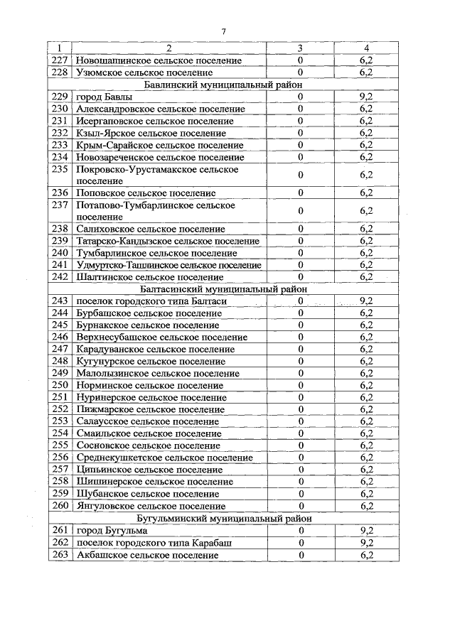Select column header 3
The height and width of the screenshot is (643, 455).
[300, 48]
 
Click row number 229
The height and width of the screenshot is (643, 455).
[60, 97]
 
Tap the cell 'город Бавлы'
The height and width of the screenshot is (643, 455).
[104, 97]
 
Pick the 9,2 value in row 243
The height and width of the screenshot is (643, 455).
[367, 301]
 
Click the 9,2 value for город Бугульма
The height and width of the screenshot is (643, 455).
[367, 531]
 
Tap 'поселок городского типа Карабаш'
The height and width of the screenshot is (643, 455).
[154, 543]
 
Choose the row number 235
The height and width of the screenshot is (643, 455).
[60, 169]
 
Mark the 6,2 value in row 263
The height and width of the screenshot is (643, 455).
[367, 555]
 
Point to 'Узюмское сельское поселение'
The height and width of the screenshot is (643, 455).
[144, 72]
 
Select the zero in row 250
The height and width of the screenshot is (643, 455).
[300, 386]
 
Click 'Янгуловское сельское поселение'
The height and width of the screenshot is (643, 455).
[151, 507]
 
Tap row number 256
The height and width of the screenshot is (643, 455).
[60, 458]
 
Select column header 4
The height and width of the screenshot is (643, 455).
[367, 48]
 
